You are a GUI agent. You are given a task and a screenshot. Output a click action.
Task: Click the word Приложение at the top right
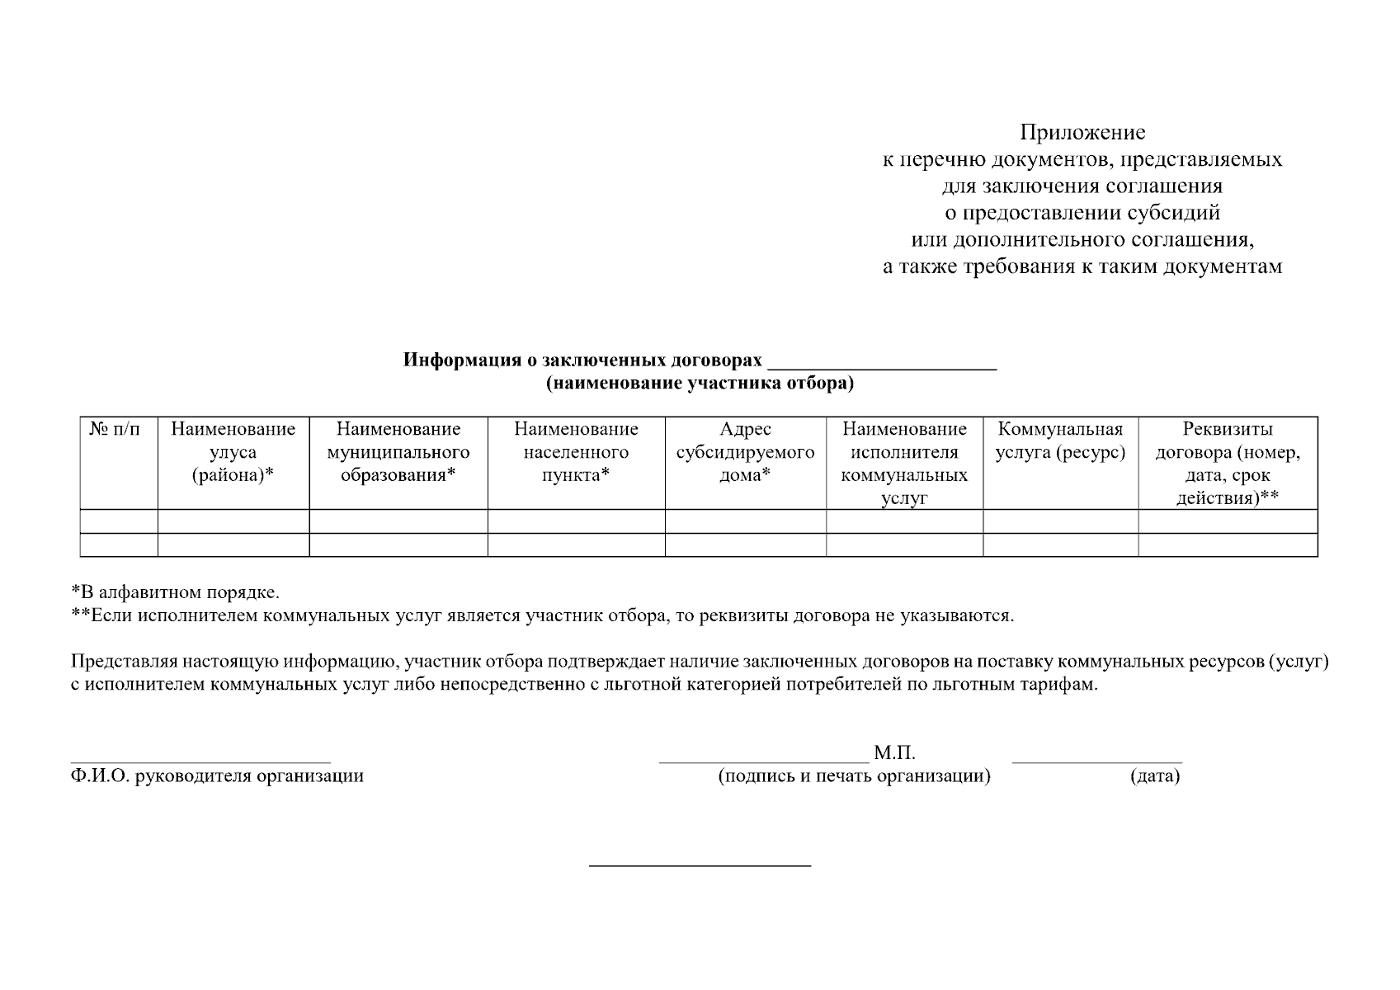point(1082,132)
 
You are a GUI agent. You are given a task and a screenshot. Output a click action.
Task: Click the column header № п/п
point(115,429)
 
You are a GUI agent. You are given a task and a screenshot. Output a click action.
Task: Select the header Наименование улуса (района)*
point(233,452)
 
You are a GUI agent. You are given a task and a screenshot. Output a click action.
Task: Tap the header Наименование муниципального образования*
point(398,452)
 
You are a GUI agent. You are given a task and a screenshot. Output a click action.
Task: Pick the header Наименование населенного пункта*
point(576,452)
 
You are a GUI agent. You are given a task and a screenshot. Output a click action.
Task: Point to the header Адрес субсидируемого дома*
point(745,452)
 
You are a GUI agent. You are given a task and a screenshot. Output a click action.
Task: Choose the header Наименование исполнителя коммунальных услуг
point(904,464)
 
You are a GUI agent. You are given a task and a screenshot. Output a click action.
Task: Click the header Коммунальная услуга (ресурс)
point(1060,441)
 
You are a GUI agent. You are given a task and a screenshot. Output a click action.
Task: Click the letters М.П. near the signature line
point(894,753)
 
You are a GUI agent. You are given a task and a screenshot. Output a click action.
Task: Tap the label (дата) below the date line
point(1154,776)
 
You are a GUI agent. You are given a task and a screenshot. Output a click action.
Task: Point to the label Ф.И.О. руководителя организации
point(217,776)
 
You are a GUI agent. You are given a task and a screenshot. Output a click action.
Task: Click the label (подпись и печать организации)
point(854,776)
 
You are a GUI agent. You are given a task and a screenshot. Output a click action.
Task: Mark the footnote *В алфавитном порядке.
point(175,592)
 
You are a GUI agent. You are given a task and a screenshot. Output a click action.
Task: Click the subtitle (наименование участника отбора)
point(699,383)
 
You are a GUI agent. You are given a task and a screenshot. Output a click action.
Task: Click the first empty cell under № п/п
point(118,521)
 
